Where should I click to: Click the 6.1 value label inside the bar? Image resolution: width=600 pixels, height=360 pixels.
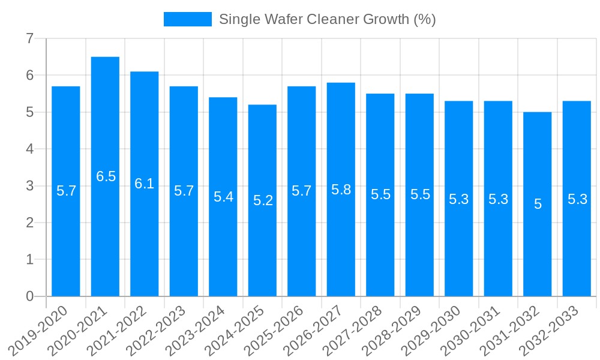pos(145,184)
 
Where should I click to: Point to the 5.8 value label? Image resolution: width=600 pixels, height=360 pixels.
pos(341,190)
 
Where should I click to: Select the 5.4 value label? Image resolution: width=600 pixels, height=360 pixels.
pos(223,197)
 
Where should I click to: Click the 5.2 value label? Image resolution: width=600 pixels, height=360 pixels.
pos(263,200)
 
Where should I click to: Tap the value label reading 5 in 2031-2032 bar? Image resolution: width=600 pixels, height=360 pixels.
pos(538,204)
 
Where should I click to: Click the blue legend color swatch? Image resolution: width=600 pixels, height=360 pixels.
pos(188,19)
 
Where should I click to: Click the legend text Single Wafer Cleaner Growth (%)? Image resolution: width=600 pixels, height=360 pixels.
pos(327,19)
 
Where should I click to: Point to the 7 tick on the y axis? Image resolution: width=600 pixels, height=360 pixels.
pos(29,38)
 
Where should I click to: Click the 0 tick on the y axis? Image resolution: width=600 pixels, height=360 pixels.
pos(29,296)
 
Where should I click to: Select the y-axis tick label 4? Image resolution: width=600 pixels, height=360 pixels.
pos(29,149)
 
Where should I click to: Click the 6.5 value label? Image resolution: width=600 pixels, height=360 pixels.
pos(106,176)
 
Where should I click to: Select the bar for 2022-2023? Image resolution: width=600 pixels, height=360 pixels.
pos(184,240)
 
